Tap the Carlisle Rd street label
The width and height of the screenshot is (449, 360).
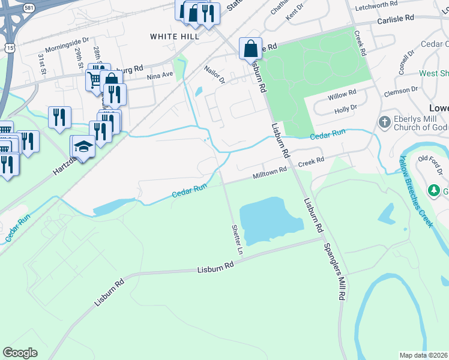point(396,19)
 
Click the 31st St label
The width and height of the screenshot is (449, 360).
point(42,63)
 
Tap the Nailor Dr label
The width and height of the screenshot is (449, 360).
point(214,75)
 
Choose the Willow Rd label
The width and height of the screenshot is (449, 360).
point(342,95)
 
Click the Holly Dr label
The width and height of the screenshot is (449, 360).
point(345,109)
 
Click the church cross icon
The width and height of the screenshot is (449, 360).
point(385,122)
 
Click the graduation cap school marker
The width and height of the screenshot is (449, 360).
point(83,148)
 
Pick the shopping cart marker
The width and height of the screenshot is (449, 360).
point(94,79)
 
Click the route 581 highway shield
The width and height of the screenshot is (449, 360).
point(28,7)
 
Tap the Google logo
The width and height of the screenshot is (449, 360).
point(20,353)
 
